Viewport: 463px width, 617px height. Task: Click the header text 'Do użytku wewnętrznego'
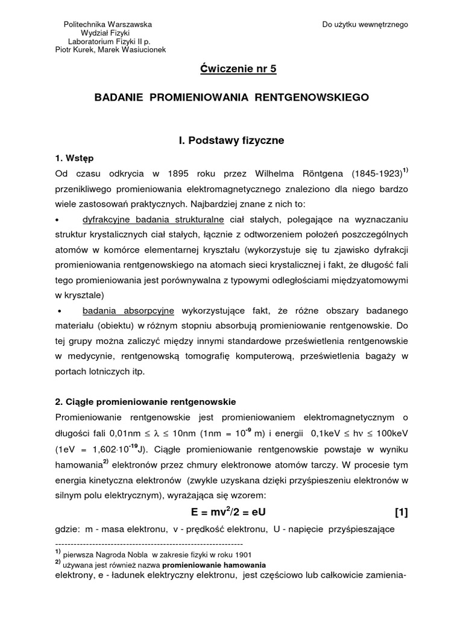365,25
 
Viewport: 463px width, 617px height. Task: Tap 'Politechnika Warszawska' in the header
108,25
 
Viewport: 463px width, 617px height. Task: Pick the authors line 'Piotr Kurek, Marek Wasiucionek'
111,50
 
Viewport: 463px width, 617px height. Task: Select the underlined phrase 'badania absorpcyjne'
129,310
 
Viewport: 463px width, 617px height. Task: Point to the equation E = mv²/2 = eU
231,513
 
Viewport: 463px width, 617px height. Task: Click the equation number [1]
402,513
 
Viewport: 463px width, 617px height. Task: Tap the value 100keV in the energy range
389,433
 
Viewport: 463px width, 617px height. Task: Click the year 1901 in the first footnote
241,555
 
